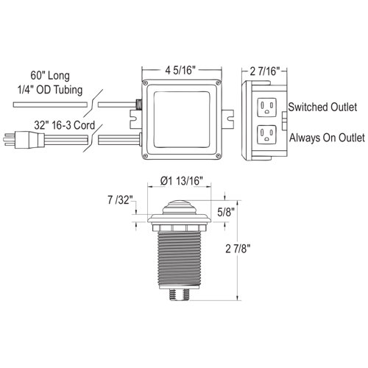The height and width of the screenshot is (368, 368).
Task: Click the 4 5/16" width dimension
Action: [x=181, y=71]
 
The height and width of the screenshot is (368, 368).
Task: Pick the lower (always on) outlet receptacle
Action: [x=265, y=135]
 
